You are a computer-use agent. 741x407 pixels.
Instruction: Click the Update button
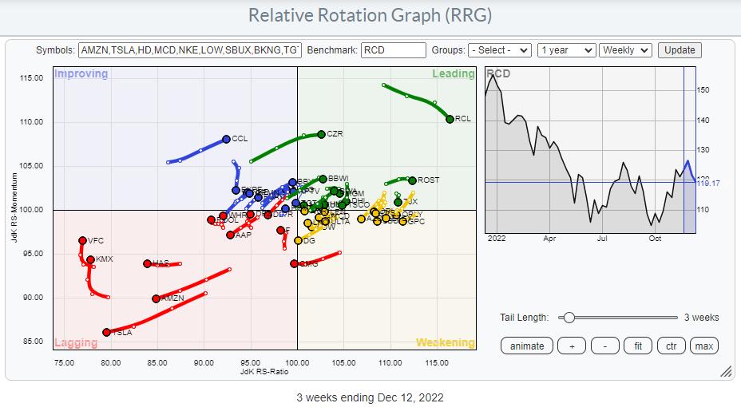point(680,50)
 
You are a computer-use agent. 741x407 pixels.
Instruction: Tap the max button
point(703,346)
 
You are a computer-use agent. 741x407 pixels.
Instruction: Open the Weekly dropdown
point(626,50)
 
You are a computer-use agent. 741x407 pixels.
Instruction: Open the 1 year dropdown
point(566,50)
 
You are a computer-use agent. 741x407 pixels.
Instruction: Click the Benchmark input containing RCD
point(393,50)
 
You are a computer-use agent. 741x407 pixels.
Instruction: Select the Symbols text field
point(190,50)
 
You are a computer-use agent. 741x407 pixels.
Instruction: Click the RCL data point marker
point(450,119)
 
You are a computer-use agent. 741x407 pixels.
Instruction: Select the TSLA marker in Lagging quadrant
point(106,332)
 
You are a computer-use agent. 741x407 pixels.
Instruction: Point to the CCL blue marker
point(226,139)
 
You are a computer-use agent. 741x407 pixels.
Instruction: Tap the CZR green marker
point(321,134)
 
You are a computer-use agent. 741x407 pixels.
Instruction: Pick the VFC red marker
point(82,240)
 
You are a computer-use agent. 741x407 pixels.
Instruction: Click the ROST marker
point(412,180)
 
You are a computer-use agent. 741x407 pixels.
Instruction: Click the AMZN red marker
point(156,298)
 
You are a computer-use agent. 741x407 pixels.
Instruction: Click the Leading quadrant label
point(453,74)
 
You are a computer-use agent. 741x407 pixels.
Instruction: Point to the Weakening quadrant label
point(445,342)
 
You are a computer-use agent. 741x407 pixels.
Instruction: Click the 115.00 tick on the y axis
point(32,77)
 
